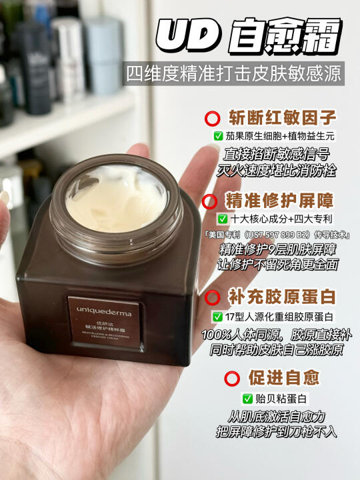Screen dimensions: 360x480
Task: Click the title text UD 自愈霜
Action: [x=249, y=36]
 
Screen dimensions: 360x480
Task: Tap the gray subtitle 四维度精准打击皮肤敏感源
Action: [x=233, y=74]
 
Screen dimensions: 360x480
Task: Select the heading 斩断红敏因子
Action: [x=282, y=118]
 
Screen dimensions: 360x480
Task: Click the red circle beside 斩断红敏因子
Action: [x=213, y=119]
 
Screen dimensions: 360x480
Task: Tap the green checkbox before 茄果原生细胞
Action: [x=218, y=136]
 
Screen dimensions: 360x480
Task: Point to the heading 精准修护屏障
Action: [x=279, y=201]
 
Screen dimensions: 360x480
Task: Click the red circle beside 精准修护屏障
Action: [x=210, y=201]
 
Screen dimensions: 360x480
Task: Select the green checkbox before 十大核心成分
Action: [x=223, y=219]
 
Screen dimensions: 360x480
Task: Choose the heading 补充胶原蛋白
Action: [x=281, y=297]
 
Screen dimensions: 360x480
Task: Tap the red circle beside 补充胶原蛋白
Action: [x=213, y=297]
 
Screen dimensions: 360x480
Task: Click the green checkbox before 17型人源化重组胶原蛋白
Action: [x=217, y=317]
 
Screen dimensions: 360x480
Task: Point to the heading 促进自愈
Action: [x=284, y=377]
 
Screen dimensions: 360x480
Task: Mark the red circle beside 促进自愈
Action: [x=232, y=379]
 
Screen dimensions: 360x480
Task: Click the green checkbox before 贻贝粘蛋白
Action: [x=247, y=399]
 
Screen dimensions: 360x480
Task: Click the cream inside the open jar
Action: [x=116, y=197]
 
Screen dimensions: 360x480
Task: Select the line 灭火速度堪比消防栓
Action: [x=276, y=170]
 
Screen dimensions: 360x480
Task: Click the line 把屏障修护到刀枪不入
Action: [x=277, y=431]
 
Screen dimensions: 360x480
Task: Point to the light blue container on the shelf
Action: [x=104, y=55]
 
